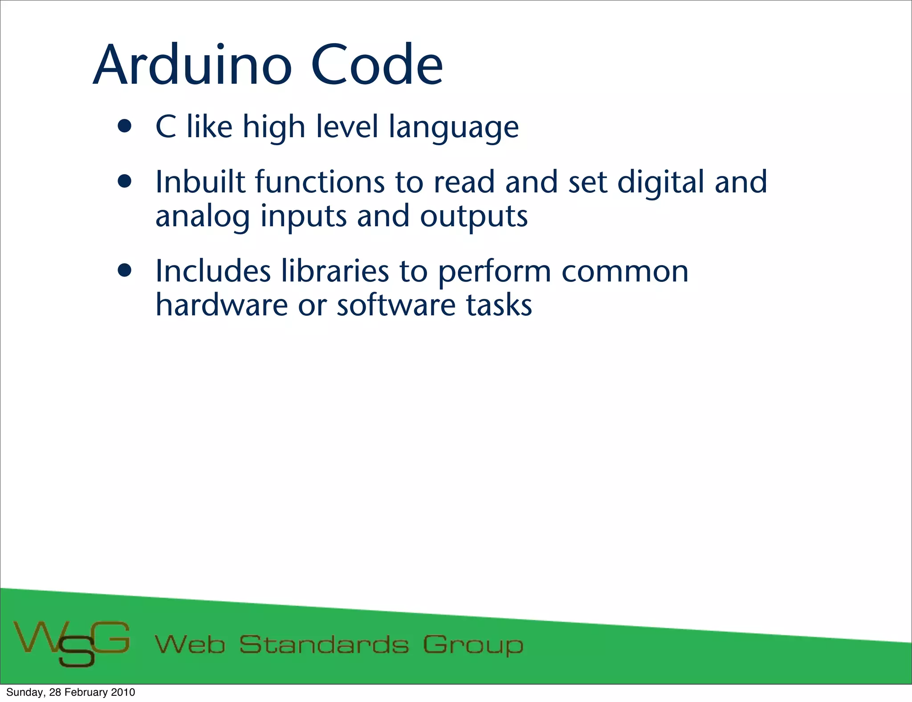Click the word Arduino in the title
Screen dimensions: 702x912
pyautogui.click(x=192, y=65)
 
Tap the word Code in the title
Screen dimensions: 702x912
pyautogui.click(x=376, y=65)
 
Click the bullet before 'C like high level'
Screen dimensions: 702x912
pyautogui.click(x=125, y=127)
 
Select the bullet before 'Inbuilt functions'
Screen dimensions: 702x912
pyautogui.click(x=125, y=182)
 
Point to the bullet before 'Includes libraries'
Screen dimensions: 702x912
pyautogui.click(x=125, y=270)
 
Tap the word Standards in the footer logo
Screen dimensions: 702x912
pyautogui.click(x=324, y=645)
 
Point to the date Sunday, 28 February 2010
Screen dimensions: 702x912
pyautogui.click(x=70, y=692)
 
